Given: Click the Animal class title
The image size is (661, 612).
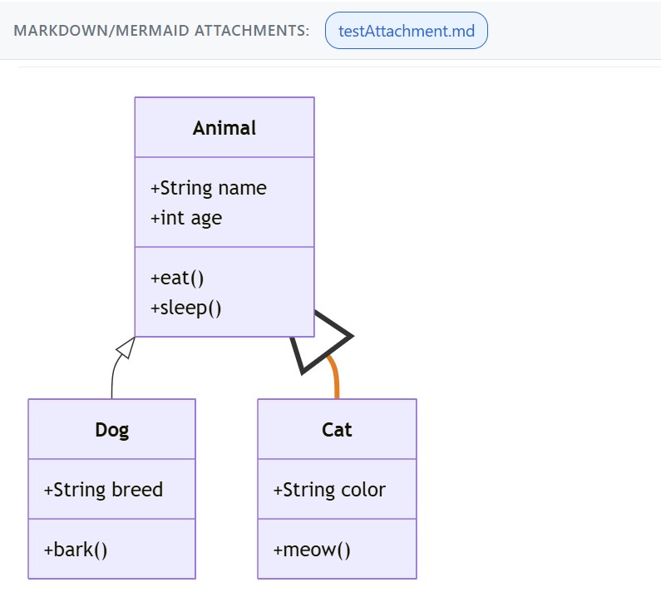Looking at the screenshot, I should point(224,128).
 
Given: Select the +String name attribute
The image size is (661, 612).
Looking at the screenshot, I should point(208,188).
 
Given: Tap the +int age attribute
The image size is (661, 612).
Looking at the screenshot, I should point(186,218).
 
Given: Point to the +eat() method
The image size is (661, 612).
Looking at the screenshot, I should point(177,278).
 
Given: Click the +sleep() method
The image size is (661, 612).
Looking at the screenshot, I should point(186,308).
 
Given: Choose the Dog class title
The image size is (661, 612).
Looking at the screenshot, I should point(112,430).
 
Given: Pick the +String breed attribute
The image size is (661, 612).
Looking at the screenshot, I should point(103,490).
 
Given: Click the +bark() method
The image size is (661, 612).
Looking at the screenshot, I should point(76,550).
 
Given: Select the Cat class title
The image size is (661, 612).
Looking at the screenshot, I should point(337,430).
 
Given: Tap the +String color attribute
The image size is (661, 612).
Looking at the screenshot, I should point(329,490).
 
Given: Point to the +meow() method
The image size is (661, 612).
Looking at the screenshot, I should point(312,550).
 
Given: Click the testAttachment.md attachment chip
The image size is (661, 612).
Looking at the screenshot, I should point(406,31).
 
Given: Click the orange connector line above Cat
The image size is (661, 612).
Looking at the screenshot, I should point(335,378).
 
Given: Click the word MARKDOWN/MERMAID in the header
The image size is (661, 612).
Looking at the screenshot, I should point(100,31).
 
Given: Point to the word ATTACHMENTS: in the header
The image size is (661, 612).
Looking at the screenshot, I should point(249,31).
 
